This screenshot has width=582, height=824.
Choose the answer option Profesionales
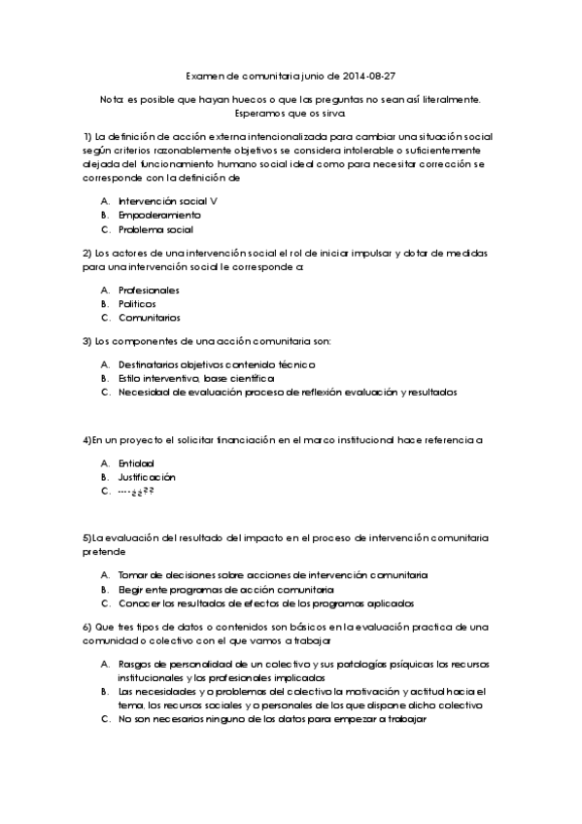[x=149, y=290]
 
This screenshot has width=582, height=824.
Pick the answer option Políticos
[x=137, y=303]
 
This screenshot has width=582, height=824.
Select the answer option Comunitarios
[x=150, y=318]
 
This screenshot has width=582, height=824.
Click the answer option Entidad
[x=136, y=463]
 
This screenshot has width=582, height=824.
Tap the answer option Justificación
[x=147, y=477]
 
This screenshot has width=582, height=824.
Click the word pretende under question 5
[x=104, y=551]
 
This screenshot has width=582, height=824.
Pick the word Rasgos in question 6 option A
[x=135, y=664]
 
